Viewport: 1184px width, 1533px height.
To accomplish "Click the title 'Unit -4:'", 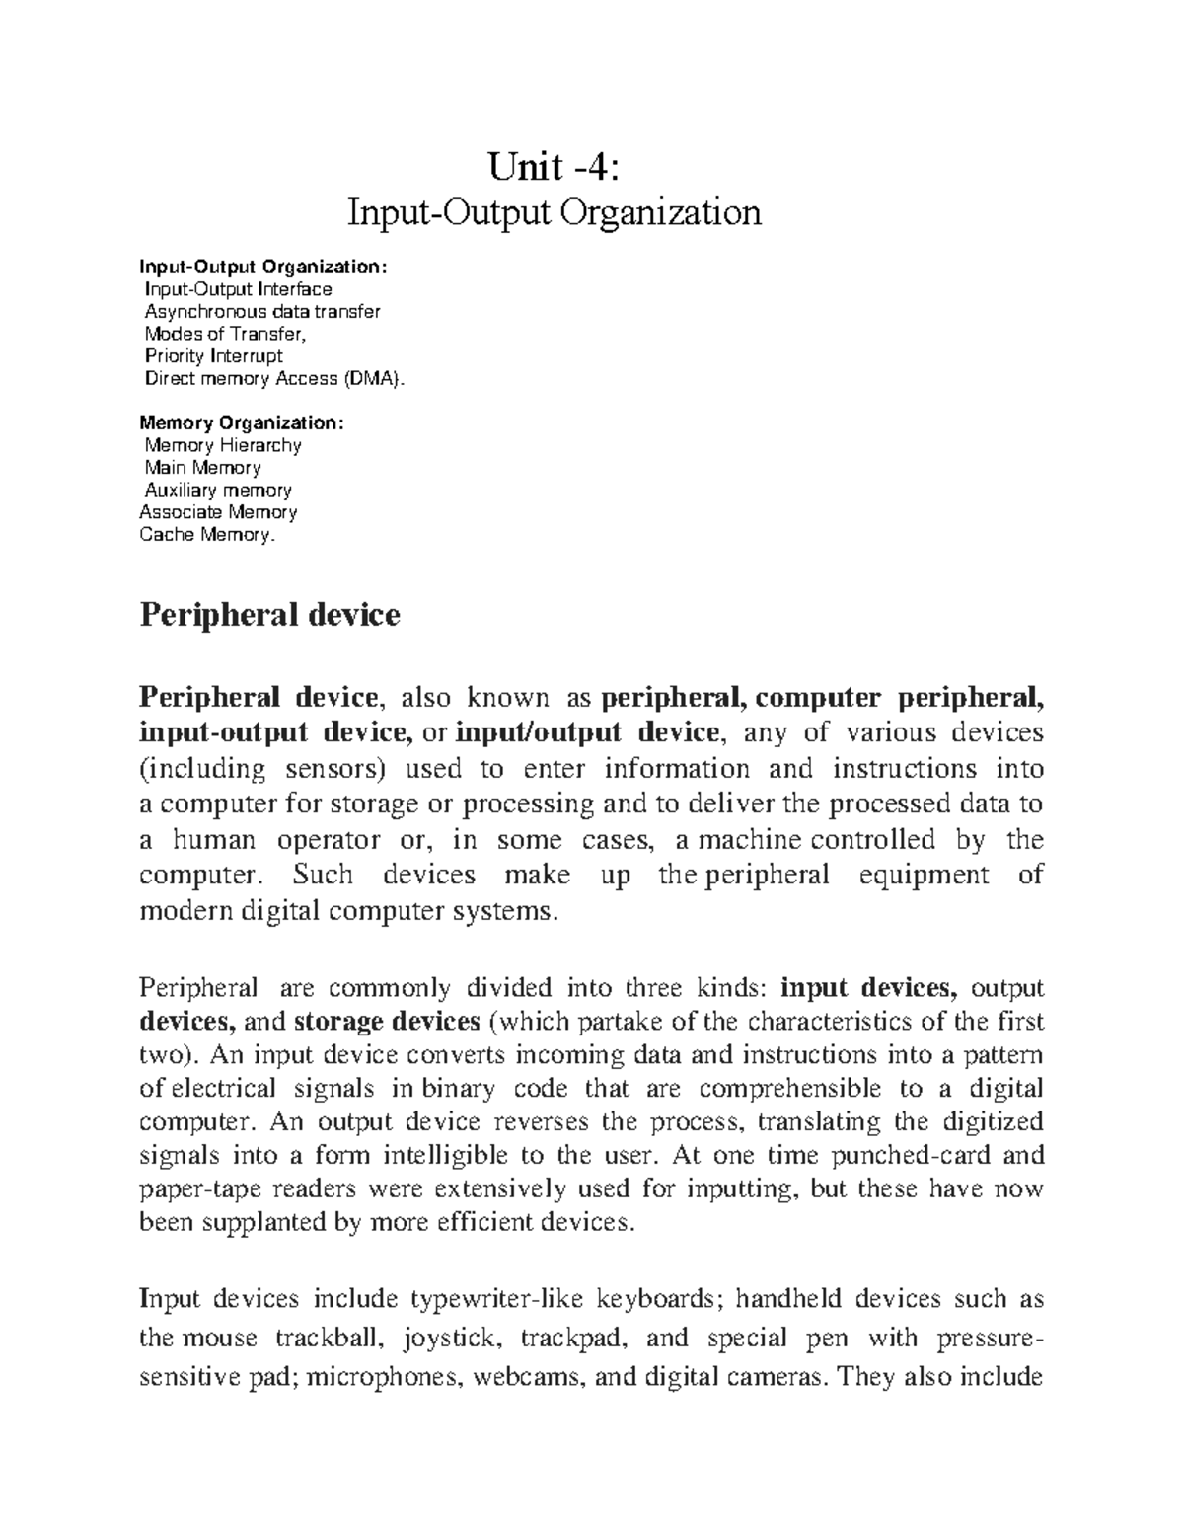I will (x=554, y=168).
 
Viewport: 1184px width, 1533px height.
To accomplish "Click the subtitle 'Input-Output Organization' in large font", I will (x=554, y=213).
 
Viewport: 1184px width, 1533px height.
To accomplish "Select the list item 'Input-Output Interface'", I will (x=238, y=289).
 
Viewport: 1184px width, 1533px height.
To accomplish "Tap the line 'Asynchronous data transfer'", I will (x=261, y=312).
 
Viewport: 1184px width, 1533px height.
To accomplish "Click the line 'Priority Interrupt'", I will (x=213, y=356).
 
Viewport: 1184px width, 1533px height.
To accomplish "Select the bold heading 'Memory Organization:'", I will (x=243, y=422).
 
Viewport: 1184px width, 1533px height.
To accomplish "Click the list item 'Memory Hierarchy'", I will (x=222, y=445).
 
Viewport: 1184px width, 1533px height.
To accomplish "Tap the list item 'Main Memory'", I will (x=202, y=468).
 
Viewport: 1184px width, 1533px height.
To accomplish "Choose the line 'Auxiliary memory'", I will (x=217, y=491).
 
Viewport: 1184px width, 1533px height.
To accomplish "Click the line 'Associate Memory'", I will (x=218, y=512).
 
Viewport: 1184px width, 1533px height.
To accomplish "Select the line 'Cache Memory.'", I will (x=205, y=535).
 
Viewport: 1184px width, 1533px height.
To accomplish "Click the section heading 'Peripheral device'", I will (x=269, y=616).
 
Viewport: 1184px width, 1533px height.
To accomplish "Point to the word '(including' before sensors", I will (x=203, y=769).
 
